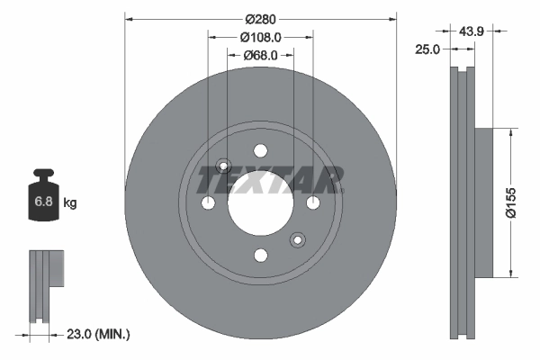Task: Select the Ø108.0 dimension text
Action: click(x=261, y=37)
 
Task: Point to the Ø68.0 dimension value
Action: click(x=261, y=56)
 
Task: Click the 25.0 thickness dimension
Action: click(x=427, y=49)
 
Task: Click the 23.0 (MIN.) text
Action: click(x=99, y=334)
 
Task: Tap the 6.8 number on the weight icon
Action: click(x=42, y=203)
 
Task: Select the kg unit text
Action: click(x=70, y=203)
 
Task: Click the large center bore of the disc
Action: click(x=261, y=204)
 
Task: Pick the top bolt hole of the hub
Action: click(x=261, y=151)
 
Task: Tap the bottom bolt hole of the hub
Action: click(x=261, y=256)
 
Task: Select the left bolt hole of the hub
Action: click(x=208, y=204)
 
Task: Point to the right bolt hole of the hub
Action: click(x=313, y=204)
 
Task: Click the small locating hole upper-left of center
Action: click(x=225, y=166)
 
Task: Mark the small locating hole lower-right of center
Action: click(x=297, y=240)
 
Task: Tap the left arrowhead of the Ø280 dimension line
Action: click(x=129, y=17)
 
